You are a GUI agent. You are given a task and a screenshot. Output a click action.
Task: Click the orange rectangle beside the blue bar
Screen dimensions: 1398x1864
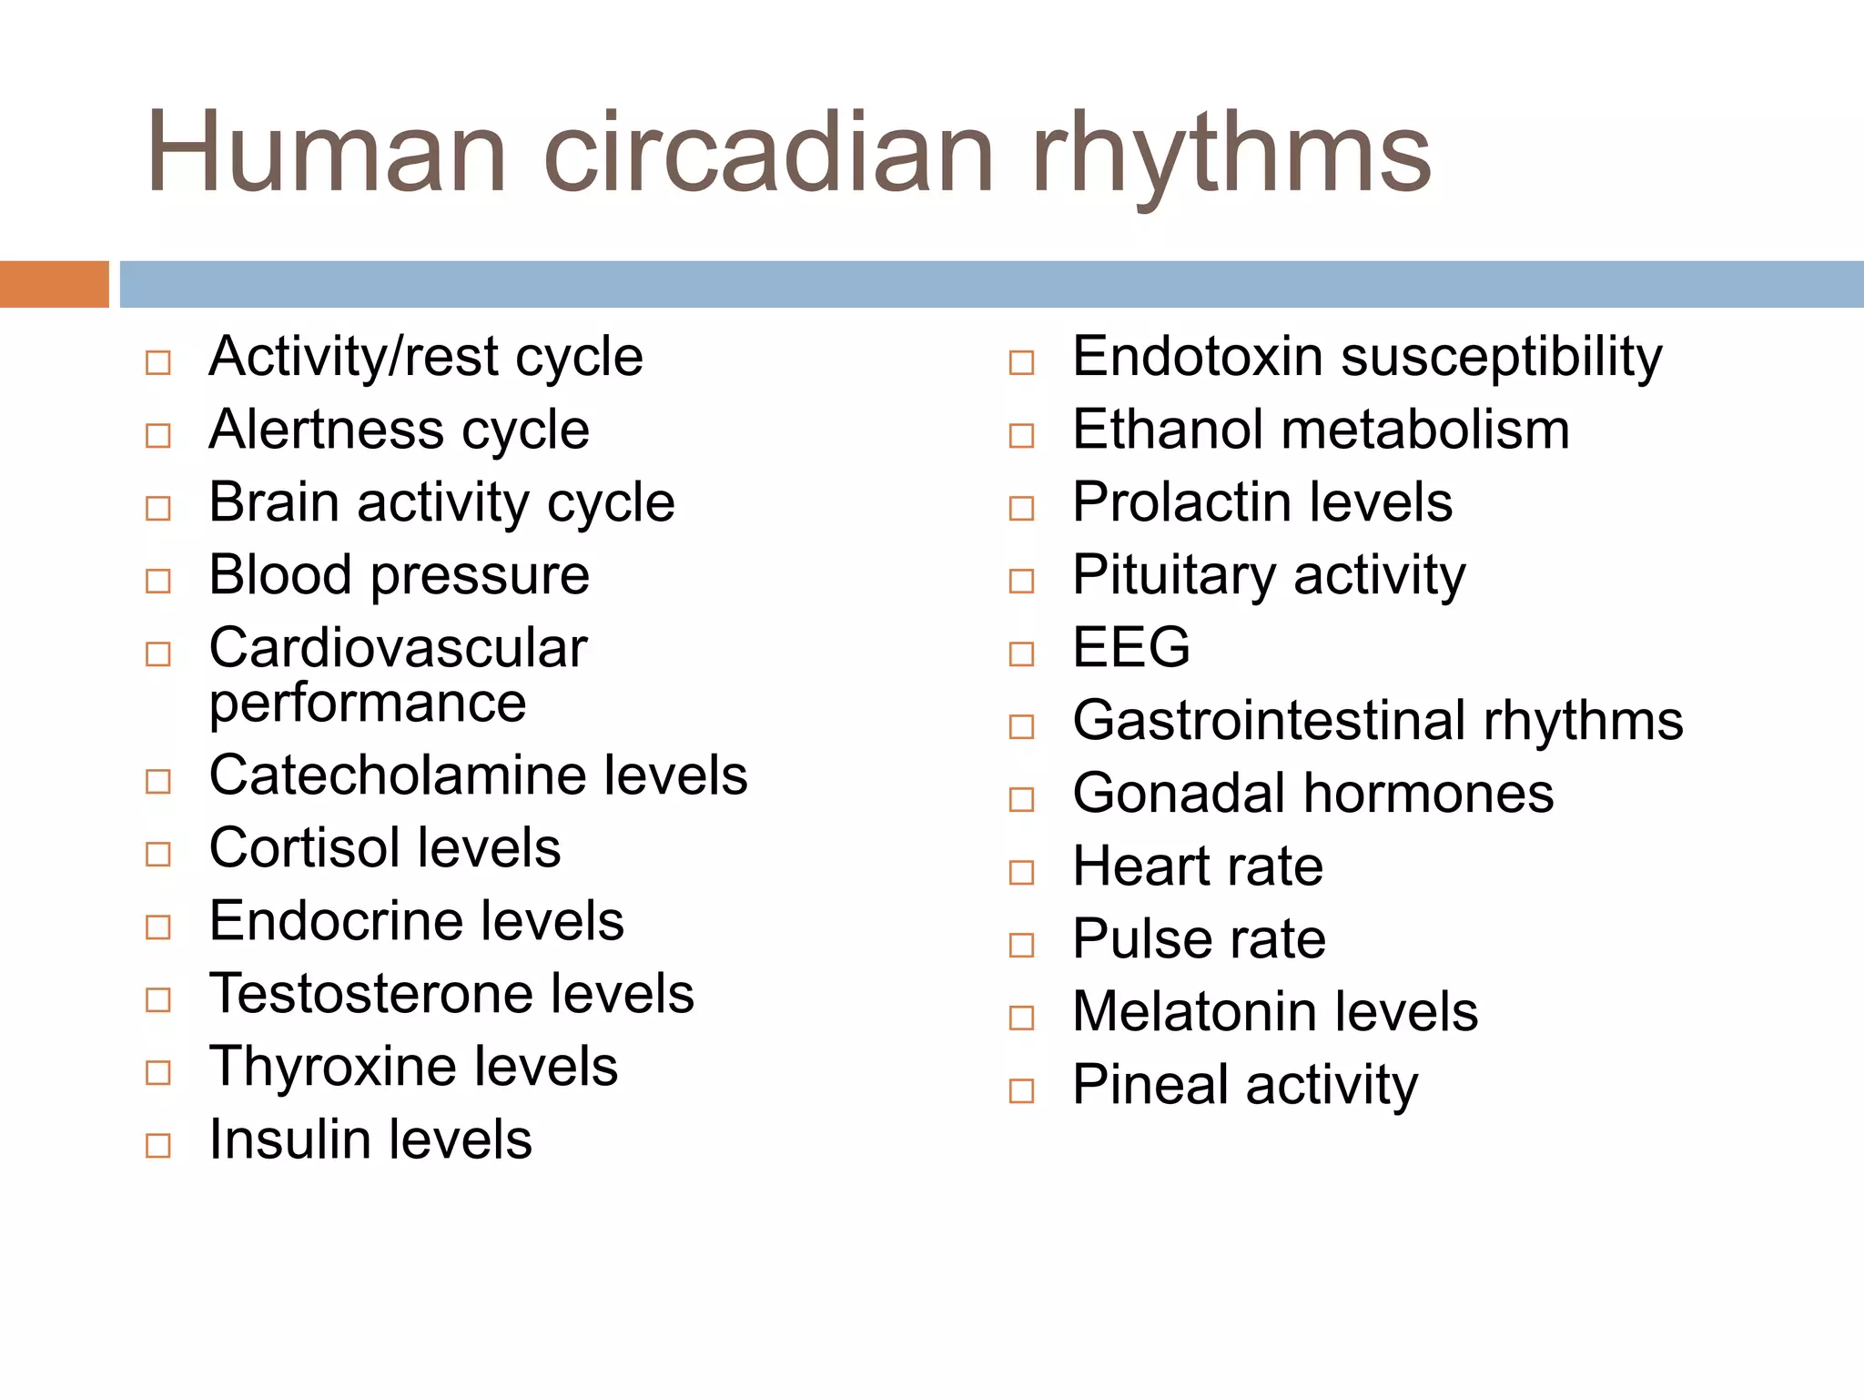pyautogui.click(x=54, y=284)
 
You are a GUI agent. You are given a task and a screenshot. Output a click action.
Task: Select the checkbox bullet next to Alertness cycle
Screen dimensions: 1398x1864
pyautogui.click(x=158, y=435)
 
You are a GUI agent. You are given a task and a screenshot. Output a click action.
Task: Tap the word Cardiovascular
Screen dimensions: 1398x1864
pyautogui.click(x=398, y=648)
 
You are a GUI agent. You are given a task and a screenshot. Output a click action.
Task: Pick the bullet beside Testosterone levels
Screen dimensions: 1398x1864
pyautogui.click(x=158, y=999)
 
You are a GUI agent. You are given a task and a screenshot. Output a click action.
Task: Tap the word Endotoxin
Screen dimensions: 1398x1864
pyautogui.click(x=1197, y=357)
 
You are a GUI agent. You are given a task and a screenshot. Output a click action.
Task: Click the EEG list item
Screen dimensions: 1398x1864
pyautogui.click(x=1130, y=648)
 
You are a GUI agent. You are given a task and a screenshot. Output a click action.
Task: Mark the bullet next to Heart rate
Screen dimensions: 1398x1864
pyautogui.click(x=1022, y=872)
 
